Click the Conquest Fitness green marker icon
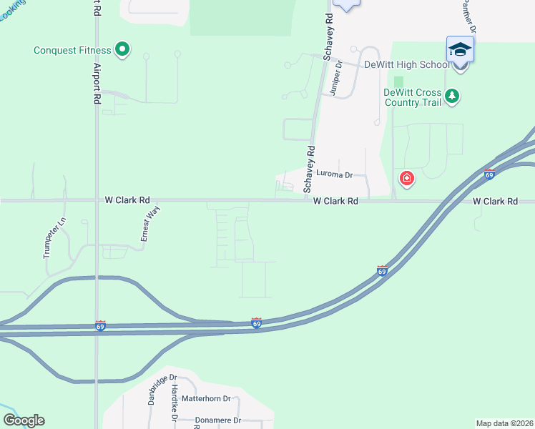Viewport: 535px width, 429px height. [x=122, y=49]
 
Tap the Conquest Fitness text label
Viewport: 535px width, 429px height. [x=72, y=50]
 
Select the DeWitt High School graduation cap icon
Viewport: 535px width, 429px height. [x=460, y=49]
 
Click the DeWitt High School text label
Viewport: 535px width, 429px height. [x=407, y=64]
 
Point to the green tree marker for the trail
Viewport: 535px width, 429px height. [x=451, y=95]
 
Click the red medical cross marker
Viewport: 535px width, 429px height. [x=406, y=178]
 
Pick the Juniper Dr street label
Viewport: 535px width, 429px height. [x=335, y=78]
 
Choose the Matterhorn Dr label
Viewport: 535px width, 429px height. [x=206, y=399]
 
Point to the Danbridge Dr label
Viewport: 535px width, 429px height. [x=161, y=390]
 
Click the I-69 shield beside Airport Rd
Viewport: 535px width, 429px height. [x=100, y=325]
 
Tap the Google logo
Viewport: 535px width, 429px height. [x=24, y=420]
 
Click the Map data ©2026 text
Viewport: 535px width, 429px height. [x=504, y=423]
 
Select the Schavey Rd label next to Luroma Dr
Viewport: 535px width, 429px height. [x=310, y=169]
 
